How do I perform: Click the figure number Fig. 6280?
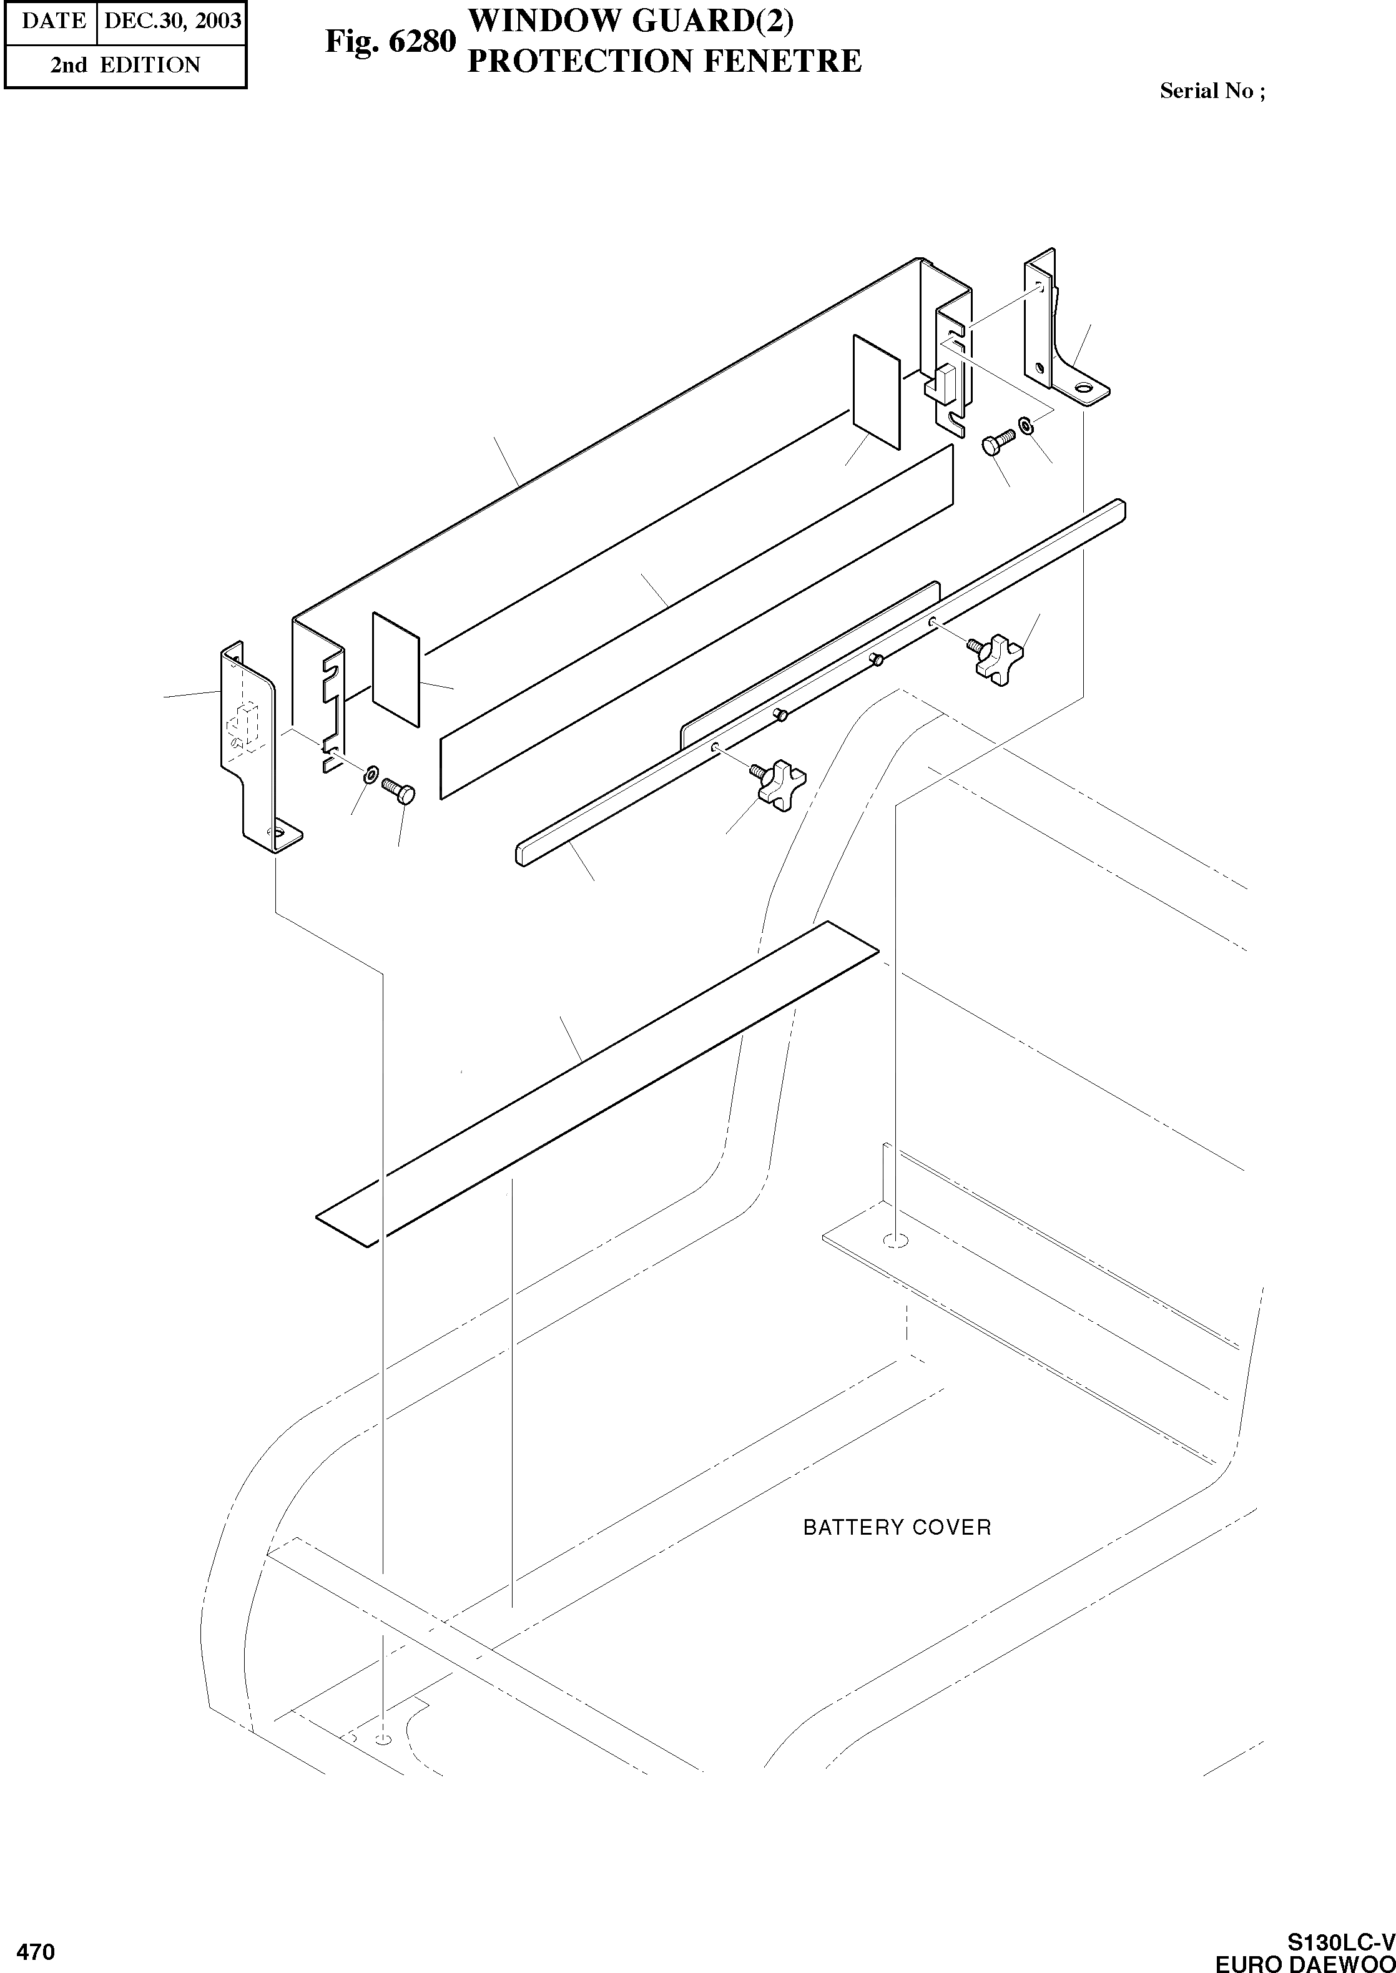(x=390, y=41)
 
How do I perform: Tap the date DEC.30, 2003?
(x=172, y=21)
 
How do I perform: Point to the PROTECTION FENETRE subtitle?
(x=664, y=61)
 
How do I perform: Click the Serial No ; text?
(x=1212, y=91)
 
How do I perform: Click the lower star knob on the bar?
(x=780, y=782)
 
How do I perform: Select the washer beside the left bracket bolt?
(x=370, y=772)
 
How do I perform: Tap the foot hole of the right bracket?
(x=1086, y=390)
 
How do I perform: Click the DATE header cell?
(x=53, y=21)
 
